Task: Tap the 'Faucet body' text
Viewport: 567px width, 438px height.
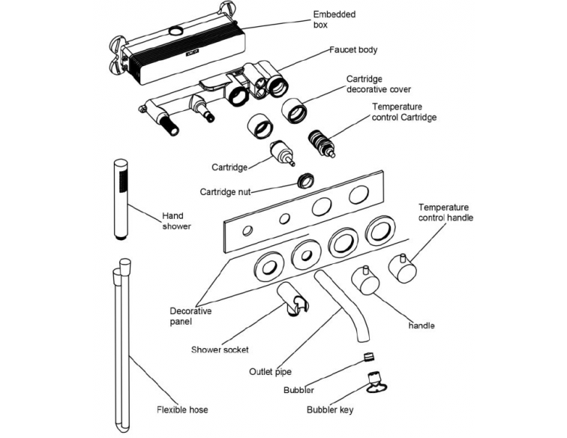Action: tap(354, 50)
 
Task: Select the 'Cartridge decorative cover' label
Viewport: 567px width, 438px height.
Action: tap(379, 84)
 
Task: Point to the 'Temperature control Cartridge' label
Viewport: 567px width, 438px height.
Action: tap(404, 112)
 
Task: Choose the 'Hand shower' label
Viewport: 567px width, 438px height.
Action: tap(175, 221)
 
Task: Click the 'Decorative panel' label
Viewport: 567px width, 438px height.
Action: tap(190, 316)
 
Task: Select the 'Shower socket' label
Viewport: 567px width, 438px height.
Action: tap(219, 349)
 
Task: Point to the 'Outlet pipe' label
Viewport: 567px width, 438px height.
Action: tap(269, 371)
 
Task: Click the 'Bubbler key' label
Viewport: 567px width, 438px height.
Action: tap(330, 410)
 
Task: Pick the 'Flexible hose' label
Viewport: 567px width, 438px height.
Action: tap(182, 410)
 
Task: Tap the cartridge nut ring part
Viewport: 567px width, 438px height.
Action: tap(305, 180)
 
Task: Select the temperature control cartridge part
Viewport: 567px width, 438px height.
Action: tap(323, 143)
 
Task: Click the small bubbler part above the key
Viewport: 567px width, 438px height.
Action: tap(367, 355)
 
